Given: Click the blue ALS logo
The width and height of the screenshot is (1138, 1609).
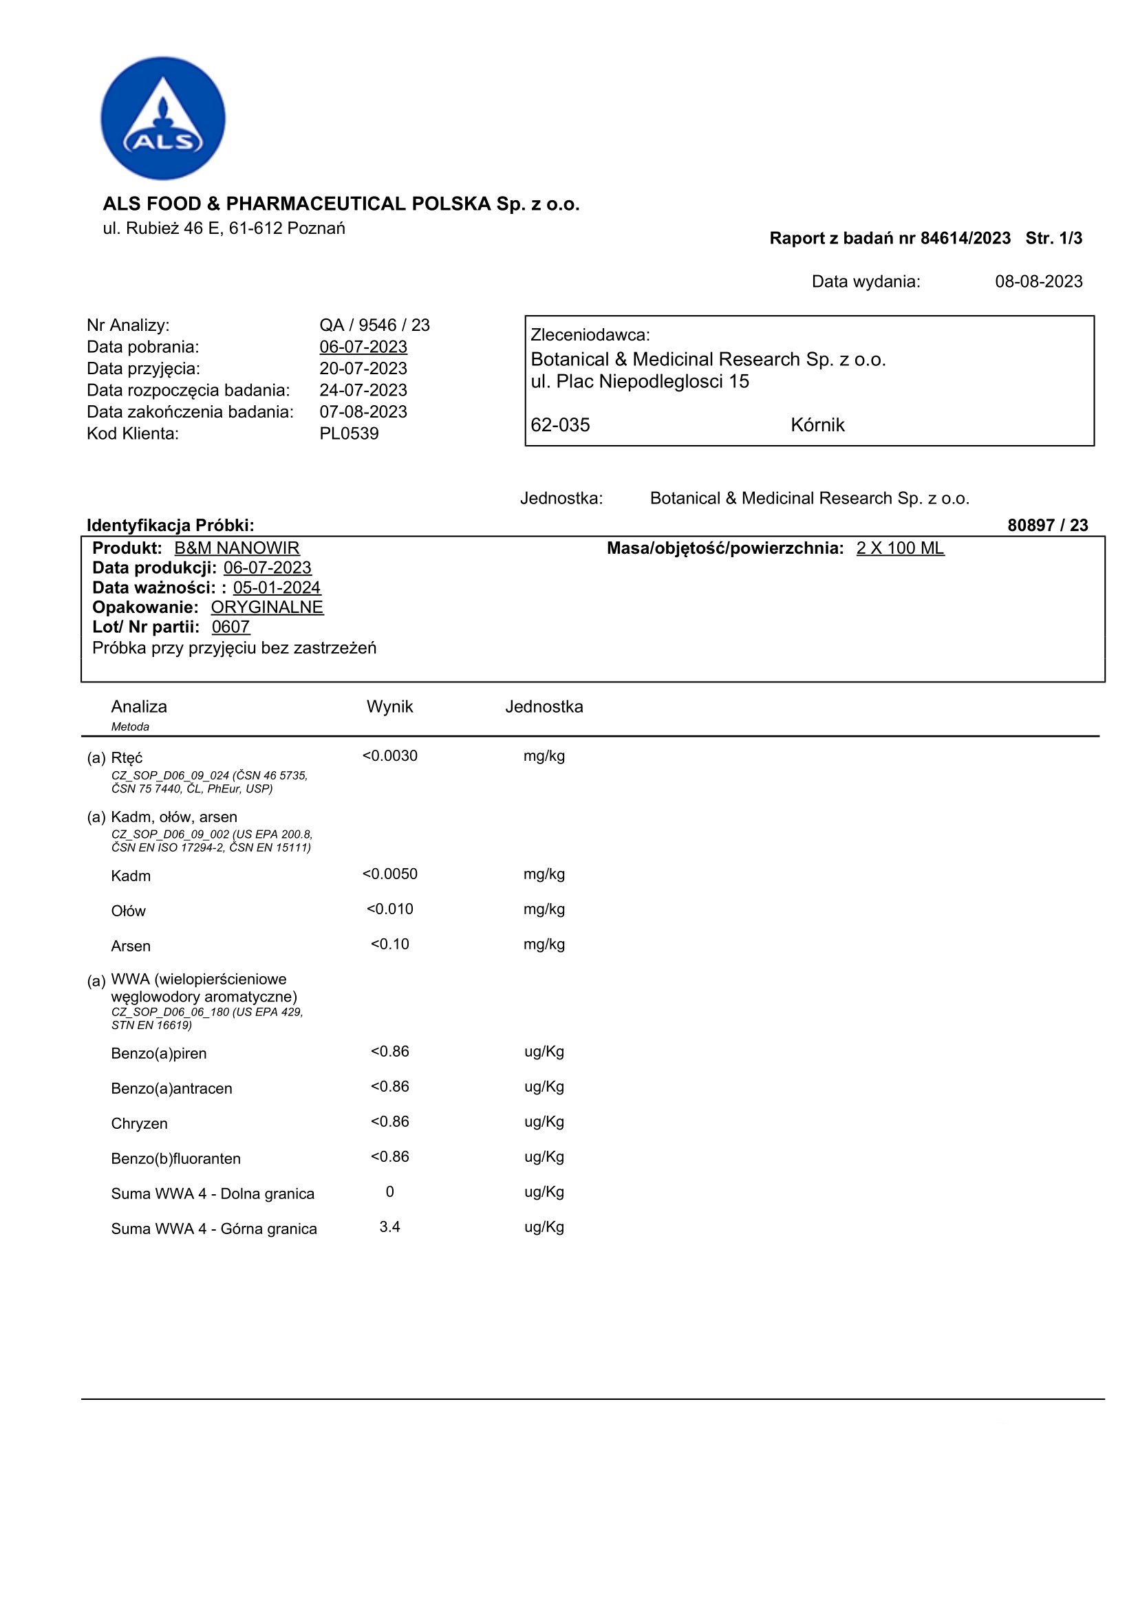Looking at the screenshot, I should (162, 118).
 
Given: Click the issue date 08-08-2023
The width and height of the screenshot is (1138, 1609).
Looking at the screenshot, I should (1038, 282).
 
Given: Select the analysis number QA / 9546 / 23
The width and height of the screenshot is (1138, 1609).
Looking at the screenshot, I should (374, 325).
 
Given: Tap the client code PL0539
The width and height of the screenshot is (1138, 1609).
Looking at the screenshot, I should (349, 434).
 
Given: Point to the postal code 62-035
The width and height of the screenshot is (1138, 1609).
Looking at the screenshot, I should (560, 425).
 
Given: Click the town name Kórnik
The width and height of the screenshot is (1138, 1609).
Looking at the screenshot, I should (817, 425).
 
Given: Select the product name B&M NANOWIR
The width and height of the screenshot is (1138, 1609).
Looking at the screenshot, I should (237, 548).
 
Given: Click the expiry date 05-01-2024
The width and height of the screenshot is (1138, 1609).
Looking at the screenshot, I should (277, 587).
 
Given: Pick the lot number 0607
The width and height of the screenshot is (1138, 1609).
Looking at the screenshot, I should (230, 627).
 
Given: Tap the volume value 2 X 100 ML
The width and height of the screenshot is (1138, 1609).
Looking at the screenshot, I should (900, 548).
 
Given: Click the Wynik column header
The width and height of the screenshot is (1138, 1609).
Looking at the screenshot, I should (389, 706).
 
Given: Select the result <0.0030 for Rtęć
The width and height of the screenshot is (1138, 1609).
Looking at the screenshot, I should (389, 756).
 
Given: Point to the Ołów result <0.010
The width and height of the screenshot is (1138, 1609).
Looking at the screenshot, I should (389, 909).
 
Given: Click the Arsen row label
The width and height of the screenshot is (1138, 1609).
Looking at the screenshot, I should (130, 946).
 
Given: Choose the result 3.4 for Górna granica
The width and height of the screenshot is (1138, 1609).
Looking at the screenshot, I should (389, 1227).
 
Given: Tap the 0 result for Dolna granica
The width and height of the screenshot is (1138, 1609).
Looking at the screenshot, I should (389, 1192).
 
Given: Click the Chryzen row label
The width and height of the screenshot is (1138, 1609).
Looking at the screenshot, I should (139, 1123).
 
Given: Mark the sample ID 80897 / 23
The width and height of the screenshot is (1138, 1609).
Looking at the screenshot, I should (1047, 526).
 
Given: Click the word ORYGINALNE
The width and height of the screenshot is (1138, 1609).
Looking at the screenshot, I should (267, 607).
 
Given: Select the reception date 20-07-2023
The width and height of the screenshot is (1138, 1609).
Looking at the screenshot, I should (363, 369).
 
